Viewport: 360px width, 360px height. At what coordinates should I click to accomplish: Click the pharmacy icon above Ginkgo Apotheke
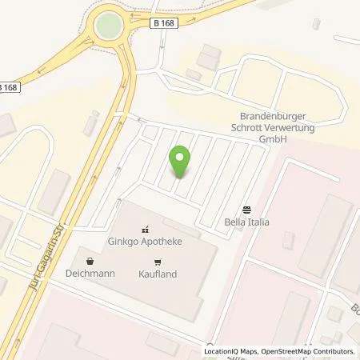pyautogui.click(x=146, y=227)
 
